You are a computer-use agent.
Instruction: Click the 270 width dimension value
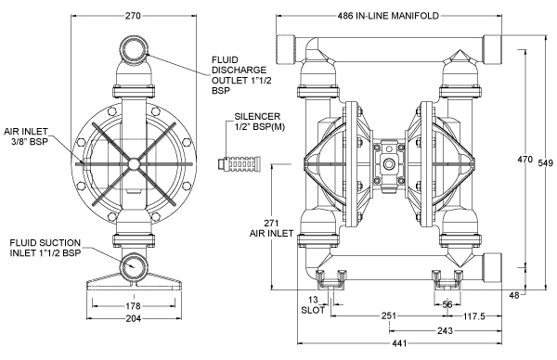point(133,16)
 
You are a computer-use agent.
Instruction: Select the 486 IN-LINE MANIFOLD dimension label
point(388,16)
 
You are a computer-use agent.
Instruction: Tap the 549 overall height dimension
point(545,163)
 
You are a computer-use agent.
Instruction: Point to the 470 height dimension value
point(525,160)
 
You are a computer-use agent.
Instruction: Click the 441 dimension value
point(399,343)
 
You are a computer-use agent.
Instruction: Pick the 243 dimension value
point(445,331)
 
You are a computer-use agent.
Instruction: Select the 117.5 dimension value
point(473,316)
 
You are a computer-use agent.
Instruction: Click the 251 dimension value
point(389,316)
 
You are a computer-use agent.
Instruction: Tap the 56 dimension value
point(447,304)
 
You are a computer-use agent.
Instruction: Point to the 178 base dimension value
point(133,305)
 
